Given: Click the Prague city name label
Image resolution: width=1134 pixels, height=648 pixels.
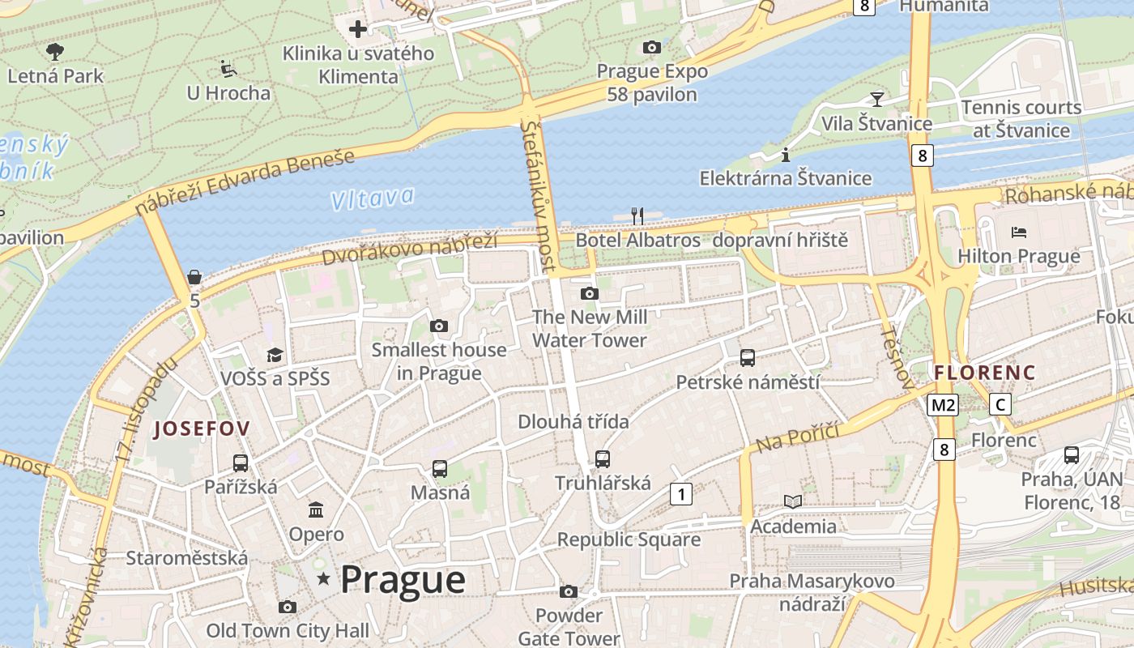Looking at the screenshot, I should pyautogui.click(x=403, y=580).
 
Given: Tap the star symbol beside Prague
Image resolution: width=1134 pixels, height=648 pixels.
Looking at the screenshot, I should pyautogui.click(x=324, y=578).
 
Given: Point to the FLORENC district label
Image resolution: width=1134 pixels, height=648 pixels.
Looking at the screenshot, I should pyautogui.click(x=984, y=373).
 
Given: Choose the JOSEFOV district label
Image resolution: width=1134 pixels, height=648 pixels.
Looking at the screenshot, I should pyautogui.click(x=202, y=428).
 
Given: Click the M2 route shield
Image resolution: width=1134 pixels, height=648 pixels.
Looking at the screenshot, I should pyautogui.click(x=944, y=404).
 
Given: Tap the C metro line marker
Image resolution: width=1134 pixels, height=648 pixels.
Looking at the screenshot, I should pyautogui.click(x=1001, y=404).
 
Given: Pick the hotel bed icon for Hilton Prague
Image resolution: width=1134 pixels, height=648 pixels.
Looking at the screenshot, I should pyautogui.click(x=1019, y=232).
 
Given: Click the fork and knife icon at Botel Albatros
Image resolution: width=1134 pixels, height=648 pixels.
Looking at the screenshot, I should pyautogui.click(x=637, y=215).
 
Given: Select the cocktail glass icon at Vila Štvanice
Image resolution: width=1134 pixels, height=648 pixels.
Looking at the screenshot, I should pyautogui.click(x=876, y=100).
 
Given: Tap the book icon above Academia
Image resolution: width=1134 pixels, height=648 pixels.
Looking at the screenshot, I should pyautogui.click(x=793, y=502).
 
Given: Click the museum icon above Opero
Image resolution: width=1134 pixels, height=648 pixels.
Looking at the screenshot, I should pyautogui.click(x=316, y=510).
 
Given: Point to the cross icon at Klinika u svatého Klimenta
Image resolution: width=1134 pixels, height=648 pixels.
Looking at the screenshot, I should pyautogui.click(x=357, y=30).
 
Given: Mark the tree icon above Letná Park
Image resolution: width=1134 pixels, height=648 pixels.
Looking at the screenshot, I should pyautogui.click(x=55, y=53).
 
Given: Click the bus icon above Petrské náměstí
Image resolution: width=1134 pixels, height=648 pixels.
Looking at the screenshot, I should pyautogui.click(x=748, y=357).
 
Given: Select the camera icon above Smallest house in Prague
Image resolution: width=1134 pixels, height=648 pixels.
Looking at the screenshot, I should pyautogui.click(x=439, y=326).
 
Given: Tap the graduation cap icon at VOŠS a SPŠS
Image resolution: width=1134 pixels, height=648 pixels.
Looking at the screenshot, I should pyautogui.click(x=275, y=355).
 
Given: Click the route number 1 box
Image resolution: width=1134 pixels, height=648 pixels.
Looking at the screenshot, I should pyautogui.click(x=681, y=493).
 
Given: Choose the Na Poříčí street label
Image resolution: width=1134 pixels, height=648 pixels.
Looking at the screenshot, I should pyautogui.click(x=797, y=438).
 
